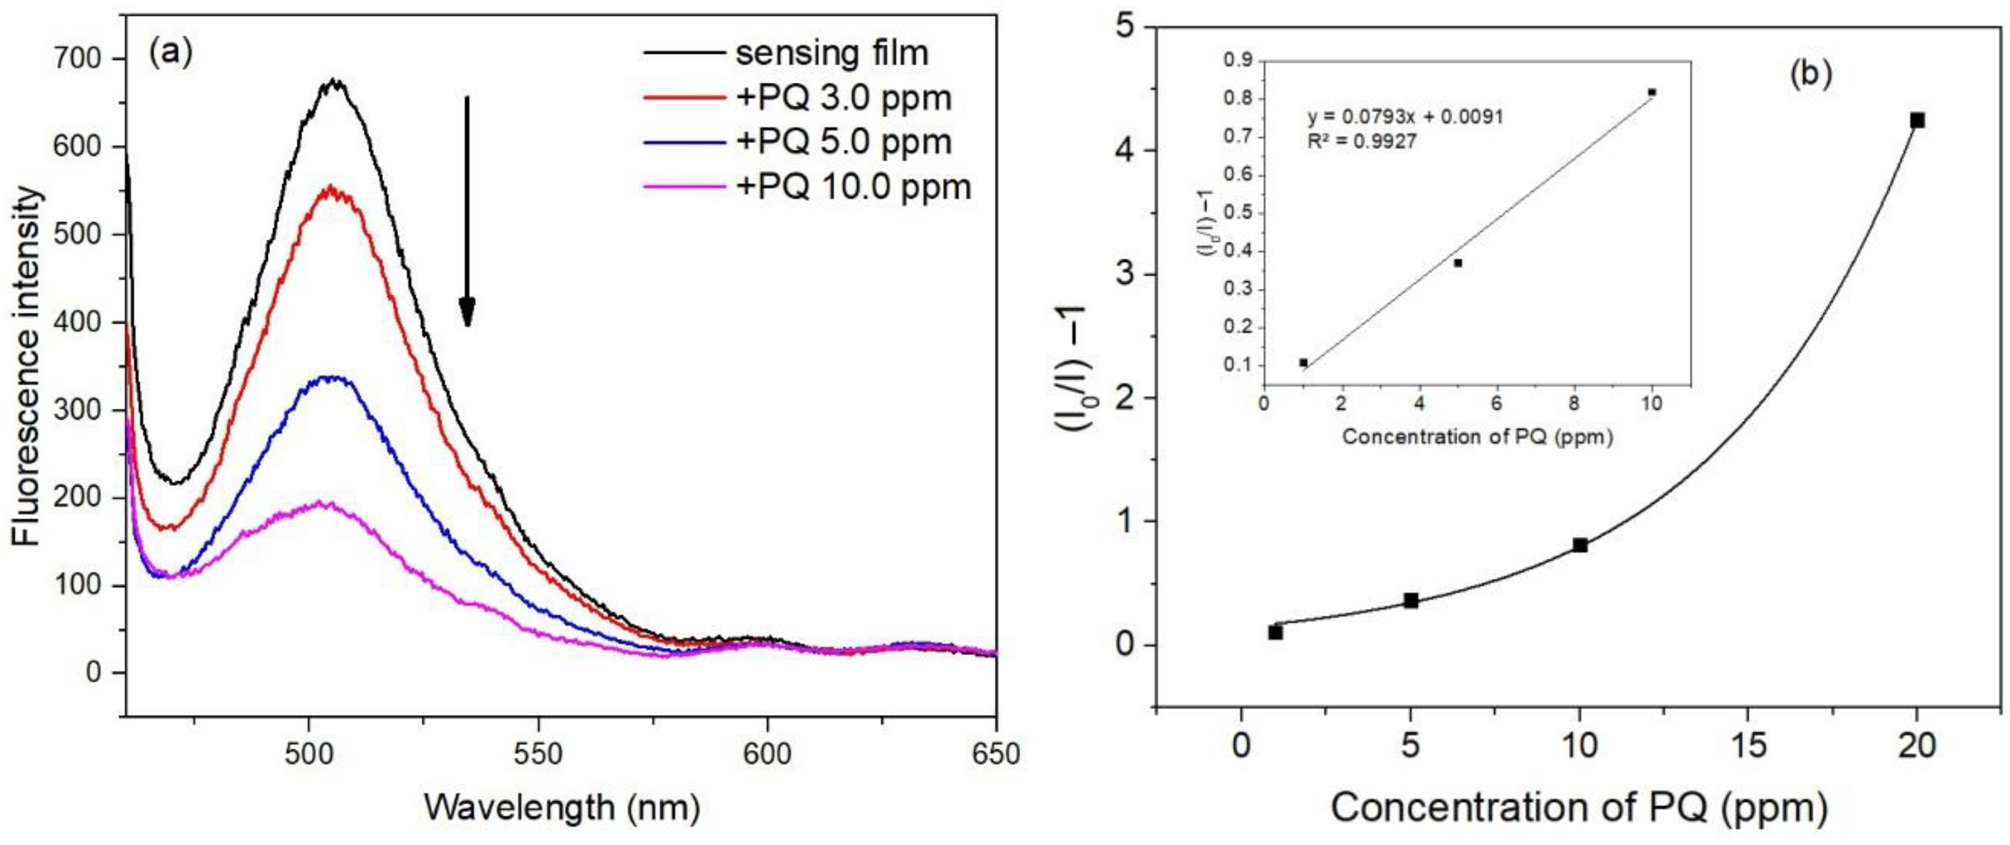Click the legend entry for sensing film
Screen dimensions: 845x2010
point(832,53)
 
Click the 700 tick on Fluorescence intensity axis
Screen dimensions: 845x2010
point(79,59)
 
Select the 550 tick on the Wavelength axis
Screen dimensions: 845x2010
point(539,754)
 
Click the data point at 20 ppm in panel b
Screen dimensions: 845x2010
point(1917,120)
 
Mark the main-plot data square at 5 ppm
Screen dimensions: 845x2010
point(1411,600)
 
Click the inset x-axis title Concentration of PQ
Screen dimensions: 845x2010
point(1476,436)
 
